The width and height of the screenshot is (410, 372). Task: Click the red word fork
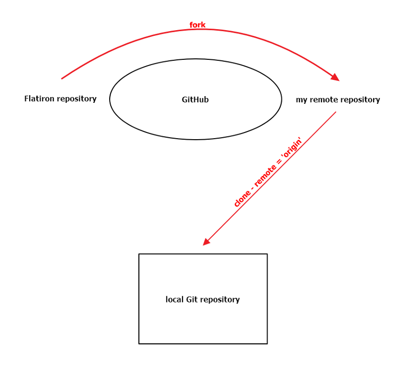(197, 25)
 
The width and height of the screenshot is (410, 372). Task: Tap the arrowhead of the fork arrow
(336, 77)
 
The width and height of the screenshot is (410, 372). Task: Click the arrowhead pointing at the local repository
(206, 242)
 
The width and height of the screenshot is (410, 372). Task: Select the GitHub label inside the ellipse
(195, 99)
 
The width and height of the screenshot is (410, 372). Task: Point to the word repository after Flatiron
(77, 99)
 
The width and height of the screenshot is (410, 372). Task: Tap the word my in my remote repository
(301, 100)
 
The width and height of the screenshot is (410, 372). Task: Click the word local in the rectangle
(175, 299)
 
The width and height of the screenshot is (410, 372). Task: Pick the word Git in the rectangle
(192, 299)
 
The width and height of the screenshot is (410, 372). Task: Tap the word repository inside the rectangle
(220, 299)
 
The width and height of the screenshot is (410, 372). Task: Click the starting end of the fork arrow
(62, 78)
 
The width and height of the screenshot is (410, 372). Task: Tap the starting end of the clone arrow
(335, 112)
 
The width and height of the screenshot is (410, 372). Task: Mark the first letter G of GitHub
(184, 99)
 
